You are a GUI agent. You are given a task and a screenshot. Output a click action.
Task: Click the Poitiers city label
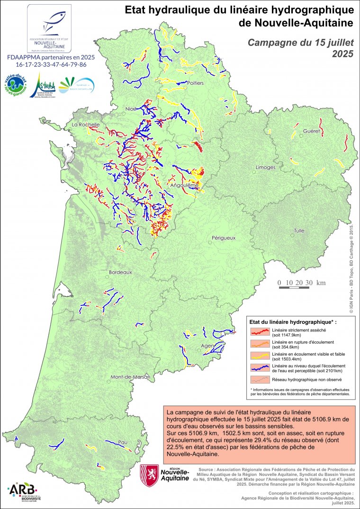coord(195,83)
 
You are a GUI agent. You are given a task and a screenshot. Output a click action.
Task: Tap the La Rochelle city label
coord(86,125)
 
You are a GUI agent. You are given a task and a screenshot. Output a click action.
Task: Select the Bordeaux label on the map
coord(120,273)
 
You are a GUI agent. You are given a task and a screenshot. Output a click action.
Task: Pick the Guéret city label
coord(312,131)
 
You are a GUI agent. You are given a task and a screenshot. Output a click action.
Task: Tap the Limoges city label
coord(265,168)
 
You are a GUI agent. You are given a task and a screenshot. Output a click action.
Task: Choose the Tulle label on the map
coord(299,231)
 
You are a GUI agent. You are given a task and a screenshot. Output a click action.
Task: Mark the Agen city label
coord(207,346)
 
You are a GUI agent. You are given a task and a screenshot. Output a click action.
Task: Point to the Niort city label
coord(130,109)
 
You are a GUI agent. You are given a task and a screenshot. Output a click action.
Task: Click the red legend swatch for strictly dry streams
coord(261,331)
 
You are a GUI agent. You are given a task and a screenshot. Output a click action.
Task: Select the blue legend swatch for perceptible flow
coord(261,368)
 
